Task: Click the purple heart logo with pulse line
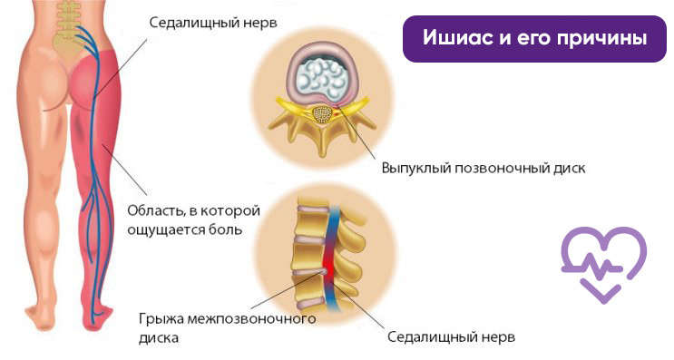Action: (603, 263)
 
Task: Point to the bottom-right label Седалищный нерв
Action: (451, 337)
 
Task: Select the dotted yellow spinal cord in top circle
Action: (320, 115)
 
